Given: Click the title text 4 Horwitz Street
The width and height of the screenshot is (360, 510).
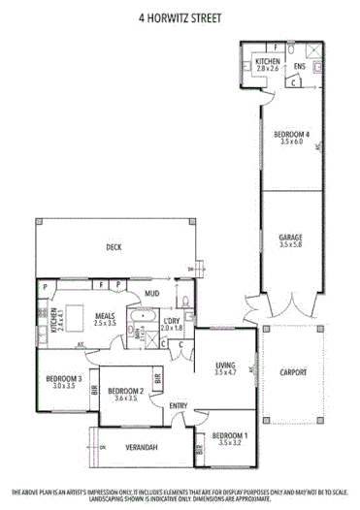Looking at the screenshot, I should pos(180,17).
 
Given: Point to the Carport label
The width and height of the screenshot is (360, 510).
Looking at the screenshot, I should pos(292,371).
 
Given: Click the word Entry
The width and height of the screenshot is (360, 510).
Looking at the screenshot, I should pos(178,405).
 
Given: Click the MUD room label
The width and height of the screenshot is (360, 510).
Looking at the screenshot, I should pos(152,293).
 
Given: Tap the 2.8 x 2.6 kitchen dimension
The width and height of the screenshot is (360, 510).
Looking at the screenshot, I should pos(267,69).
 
